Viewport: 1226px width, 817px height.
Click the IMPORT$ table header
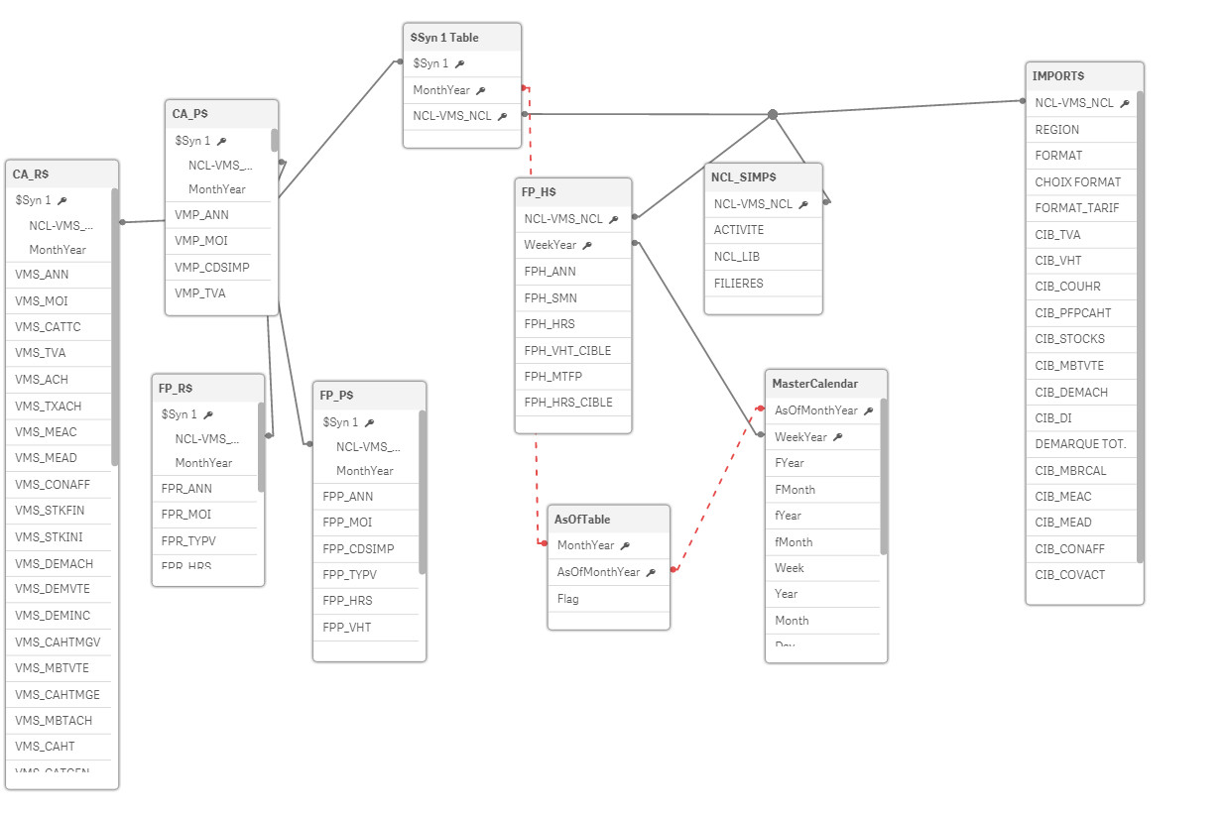[x=1058, y=76]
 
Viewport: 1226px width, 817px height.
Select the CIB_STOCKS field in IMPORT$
[x=1069, y=339]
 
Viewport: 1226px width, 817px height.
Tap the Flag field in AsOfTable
[x=568, y=599]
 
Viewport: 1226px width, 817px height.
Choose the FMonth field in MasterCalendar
[x=795, y=490]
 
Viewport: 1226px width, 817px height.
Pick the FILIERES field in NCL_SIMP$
[x=739, y=284]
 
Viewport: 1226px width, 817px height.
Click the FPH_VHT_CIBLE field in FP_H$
[x=567, y=351]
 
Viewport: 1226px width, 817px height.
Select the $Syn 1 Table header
[x=444, y=38]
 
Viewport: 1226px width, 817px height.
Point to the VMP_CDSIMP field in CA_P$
[x=212, y=268]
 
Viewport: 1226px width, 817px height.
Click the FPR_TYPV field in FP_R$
[x=187, y=541]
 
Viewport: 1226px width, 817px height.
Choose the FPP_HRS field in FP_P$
[x=346, y=601]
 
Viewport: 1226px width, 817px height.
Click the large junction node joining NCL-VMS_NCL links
[x=773, y=115]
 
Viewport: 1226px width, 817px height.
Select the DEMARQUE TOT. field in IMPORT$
[x=1080, y=444]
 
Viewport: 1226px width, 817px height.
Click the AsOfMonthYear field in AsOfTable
[x=598, y=572]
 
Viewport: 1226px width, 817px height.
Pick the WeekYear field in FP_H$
[x=551, y=245]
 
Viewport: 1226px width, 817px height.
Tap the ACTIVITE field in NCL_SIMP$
[x=739, y=230]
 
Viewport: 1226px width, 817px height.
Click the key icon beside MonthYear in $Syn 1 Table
[x=481, y=91]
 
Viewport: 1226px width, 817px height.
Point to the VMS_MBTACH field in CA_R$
[x=54, y=721]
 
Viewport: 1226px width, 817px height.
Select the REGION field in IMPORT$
[x=1056, y=130]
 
